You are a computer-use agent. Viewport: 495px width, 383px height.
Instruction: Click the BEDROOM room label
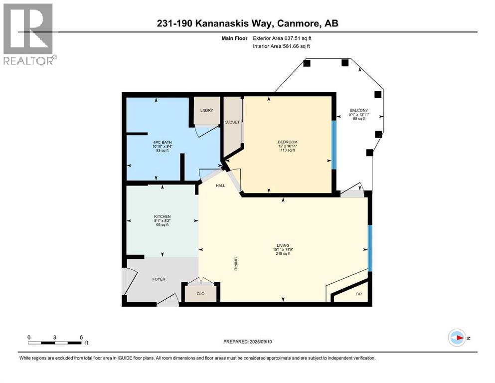[287, 142]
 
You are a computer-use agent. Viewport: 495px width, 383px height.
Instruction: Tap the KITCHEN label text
[162, 216]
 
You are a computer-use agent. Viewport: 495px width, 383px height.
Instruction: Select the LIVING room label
[283, 245]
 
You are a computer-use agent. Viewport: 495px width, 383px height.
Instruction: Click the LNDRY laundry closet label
[206, 110]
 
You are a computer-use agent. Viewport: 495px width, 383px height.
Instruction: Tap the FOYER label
[159, 279]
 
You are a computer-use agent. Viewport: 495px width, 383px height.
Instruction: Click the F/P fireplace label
[358, 294]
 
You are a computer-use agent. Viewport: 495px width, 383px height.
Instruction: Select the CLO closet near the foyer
[200, 294]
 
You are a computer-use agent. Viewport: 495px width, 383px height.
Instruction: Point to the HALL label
[220, 186]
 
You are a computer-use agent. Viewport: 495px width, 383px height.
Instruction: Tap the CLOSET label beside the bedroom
[232, 122]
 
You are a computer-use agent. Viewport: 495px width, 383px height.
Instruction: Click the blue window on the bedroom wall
[334, 144]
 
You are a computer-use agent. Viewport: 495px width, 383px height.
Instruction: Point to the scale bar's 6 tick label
[81, 337]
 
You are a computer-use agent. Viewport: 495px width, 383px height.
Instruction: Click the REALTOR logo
[29, 34]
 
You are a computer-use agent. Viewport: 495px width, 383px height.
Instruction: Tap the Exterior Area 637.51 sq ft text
[284, 38]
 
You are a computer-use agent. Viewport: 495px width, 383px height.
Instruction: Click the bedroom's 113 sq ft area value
[287, 150]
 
